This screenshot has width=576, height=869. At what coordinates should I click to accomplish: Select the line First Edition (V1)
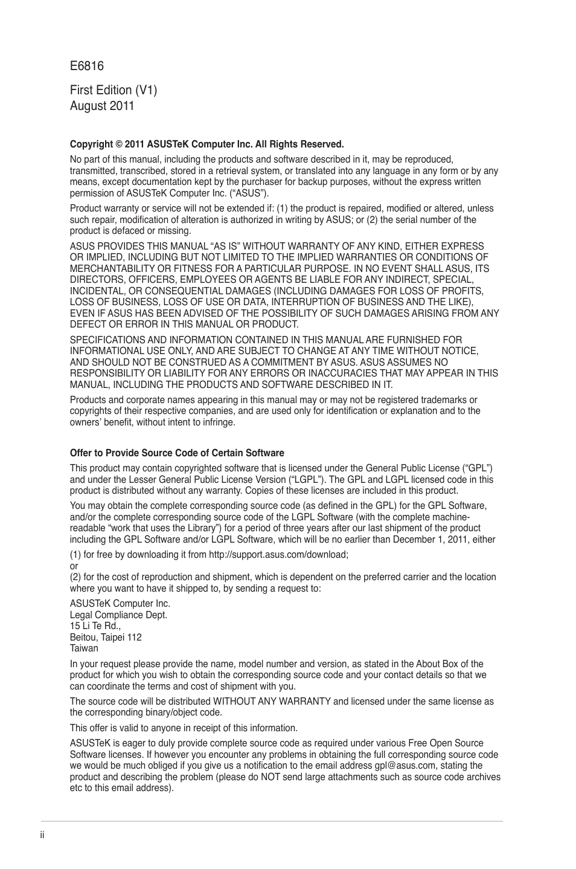114,90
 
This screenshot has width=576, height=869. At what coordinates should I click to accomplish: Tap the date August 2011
102,106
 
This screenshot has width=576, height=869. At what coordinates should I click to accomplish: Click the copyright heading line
206,144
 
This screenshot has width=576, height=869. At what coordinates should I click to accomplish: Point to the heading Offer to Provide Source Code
176,453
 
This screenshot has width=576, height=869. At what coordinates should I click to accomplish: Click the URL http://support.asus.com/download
278,555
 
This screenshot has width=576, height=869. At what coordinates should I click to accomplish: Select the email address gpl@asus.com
405,766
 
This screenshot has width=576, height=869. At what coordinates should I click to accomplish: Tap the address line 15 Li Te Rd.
95,626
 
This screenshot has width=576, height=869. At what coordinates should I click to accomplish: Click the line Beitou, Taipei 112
106,637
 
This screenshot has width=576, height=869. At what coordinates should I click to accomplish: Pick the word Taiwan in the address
84,648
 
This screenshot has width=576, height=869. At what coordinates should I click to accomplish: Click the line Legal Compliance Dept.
118,615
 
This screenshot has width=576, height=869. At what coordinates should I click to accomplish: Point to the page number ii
43,835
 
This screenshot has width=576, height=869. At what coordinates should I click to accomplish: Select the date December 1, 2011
430,540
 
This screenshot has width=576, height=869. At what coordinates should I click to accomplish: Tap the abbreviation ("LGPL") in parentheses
304,480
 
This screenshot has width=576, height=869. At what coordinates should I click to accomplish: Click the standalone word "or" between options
74,566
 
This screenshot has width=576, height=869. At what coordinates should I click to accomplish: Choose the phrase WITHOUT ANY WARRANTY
272,702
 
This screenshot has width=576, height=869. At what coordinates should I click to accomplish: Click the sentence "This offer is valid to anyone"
184,728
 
